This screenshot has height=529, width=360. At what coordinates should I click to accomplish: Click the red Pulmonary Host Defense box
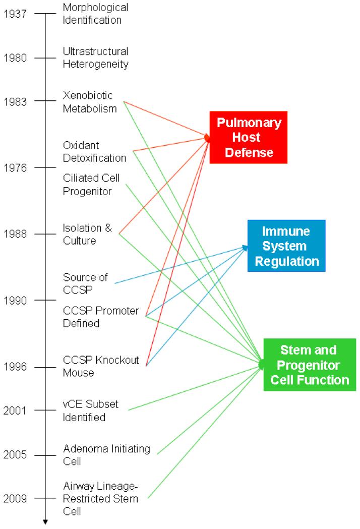point(249,137)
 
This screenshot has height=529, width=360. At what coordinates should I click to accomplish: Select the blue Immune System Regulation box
point(286,246)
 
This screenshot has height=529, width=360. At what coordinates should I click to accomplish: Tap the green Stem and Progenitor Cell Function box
point(309,365)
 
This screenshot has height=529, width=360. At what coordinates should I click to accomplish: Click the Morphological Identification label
point(95,14)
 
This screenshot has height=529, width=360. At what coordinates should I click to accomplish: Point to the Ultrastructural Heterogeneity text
point(95,57)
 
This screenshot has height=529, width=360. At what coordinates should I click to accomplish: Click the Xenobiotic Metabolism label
point(90,101)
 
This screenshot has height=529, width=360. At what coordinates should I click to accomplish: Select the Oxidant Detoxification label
point(94,151)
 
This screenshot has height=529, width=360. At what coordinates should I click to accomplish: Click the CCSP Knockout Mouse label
point(101,366)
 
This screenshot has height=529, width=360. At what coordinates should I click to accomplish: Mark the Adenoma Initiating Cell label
point(106,455)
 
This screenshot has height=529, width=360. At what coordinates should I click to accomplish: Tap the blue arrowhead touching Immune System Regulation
point(246,247)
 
